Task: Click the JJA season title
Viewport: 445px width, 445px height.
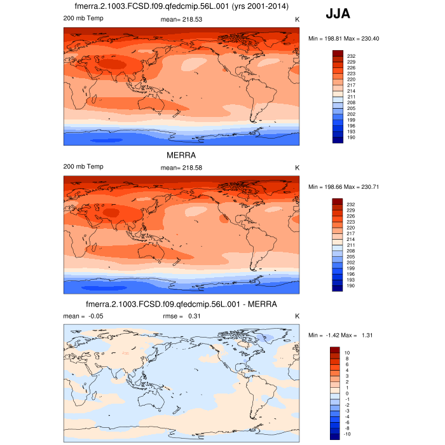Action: point(337,13)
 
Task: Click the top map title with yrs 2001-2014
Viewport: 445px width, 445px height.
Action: point(181,6)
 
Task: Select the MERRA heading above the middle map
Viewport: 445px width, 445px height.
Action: point(181,155)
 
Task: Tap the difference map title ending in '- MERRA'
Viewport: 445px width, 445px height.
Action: point(181,304)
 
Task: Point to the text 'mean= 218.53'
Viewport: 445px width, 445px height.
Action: point(181,20)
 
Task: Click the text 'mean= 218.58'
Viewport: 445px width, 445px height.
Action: point(181,167)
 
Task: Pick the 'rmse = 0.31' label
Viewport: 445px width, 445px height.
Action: point(181,316)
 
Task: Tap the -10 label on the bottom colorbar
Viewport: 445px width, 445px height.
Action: point(348,434)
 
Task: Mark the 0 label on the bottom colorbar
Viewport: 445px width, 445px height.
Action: point(347,393)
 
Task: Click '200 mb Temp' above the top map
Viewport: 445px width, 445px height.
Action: point(83,18)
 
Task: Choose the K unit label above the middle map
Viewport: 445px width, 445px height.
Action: point(297,167)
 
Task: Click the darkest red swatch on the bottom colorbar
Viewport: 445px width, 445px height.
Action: point(335,350)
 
